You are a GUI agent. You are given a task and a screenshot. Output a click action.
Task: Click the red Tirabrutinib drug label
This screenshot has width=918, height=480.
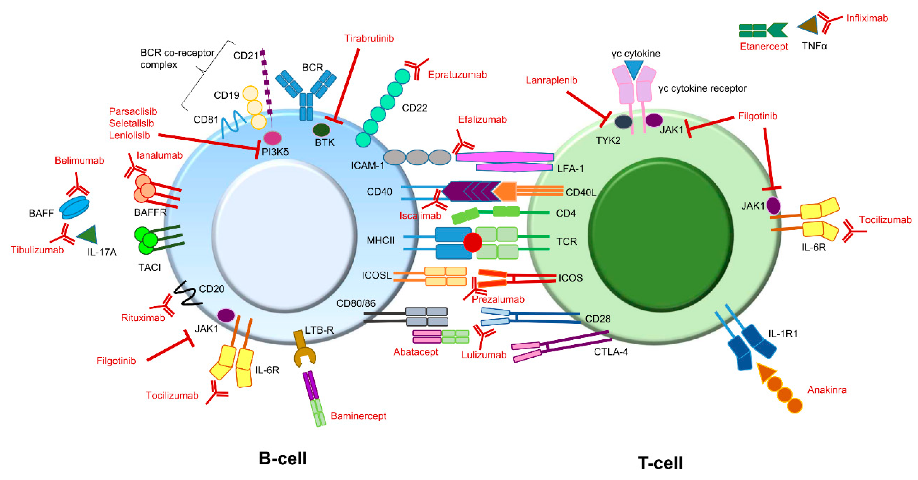coord(369,39)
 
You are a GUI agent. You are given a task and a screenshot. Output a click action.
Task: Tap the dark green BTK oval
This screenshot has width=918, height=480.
coord(321,130)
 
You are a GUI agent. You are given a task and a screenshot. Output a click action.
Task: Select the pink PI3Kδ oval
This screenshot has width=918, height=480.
coord(272,138)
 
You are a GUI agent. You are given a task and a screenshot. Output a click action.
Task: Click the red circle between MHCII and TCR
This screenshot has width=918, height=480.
coord(473,242)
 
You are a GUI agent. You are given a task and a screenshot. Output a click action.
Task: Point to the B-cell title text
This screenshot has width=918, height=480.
coord(283,458)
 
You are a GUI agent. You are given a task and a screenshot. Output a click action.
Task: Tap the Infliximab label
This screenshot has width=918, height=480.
coord(867,18)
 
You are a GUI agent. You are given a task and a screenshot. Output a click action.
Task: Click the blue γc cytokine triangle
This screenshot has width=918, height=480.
coord(634,69)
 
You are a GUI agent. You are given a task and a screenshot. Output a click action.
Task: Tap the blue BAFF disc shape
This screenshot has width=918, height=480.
coord(74,208)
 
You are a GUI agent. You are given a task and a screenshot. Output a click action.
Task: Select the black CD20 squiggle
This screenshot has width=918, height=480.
coord(188,294)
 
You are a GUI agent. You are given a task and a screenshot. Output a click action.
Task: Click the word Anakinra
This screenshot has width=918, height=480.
coord(827,390)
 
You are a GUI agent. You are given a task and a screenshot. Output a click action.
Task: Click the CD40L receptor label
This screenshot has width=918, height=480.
coord(580,193)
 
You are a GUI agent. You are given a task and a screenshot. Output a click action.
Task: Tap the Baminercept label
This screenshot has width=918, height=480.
coord(358,416)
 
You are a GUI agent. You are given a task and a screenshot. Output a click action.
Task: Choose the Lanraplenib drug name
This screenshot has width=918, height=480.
coord(551,81)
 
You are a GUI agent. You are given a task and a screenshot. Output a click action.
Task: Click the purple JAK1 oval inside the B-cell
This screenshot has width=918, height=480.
coord(226,315)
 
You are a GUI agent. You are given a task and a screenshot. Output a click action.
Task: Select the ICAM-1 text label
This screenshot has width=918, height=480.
coord(367,166)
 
